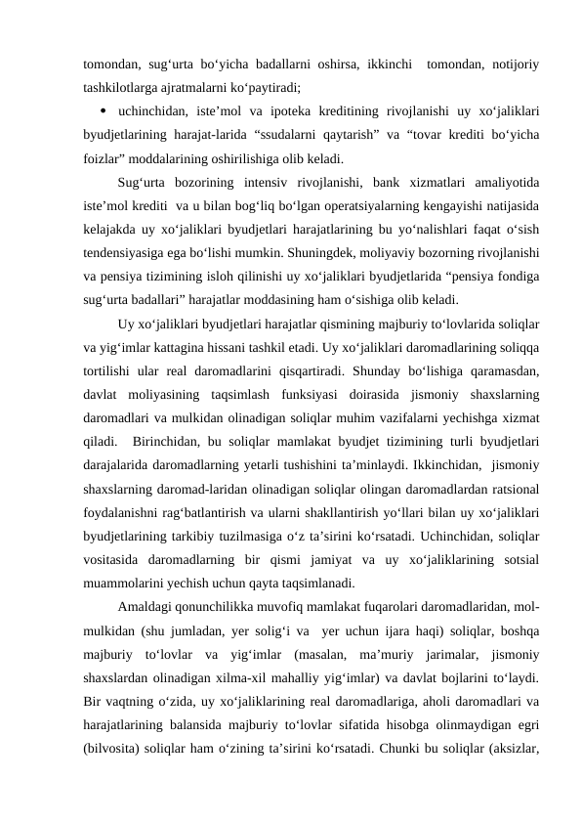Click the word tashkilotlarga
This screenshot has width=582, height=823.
tap(125, 87)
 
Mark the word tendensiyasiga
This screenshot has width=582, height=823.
tap(123, 252)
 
